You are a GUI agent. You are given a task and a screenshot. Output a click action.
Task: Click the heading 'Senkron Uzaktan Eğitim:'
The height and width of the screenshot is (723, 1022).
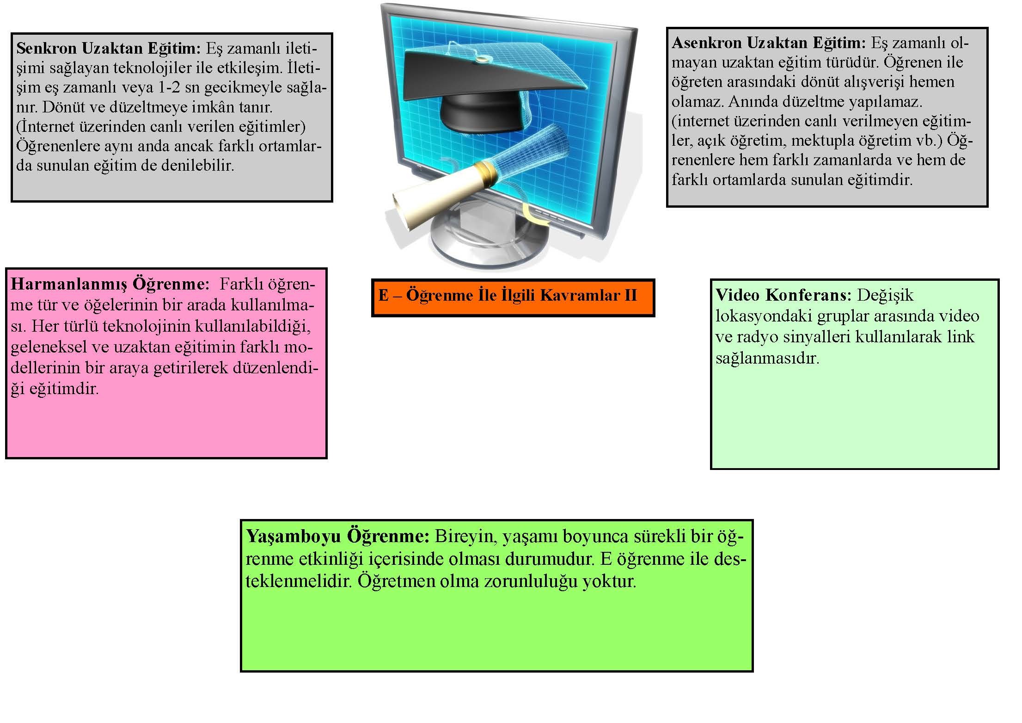click(x=108, y=48)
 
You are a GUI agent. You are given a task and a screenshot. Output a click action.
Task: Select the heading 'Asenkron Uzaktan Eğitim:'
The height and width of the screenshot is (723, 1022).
click(x=769, y=43)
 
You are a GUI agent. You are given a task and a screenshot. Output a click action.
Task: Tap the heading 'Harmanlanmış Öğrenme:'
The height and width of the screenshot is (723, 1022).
click(x=110, y=284)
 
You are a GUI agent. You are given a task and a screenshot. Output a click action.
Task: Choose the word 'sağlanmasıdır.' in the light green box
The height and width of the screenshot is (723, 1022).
click(x=767, y=358)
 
